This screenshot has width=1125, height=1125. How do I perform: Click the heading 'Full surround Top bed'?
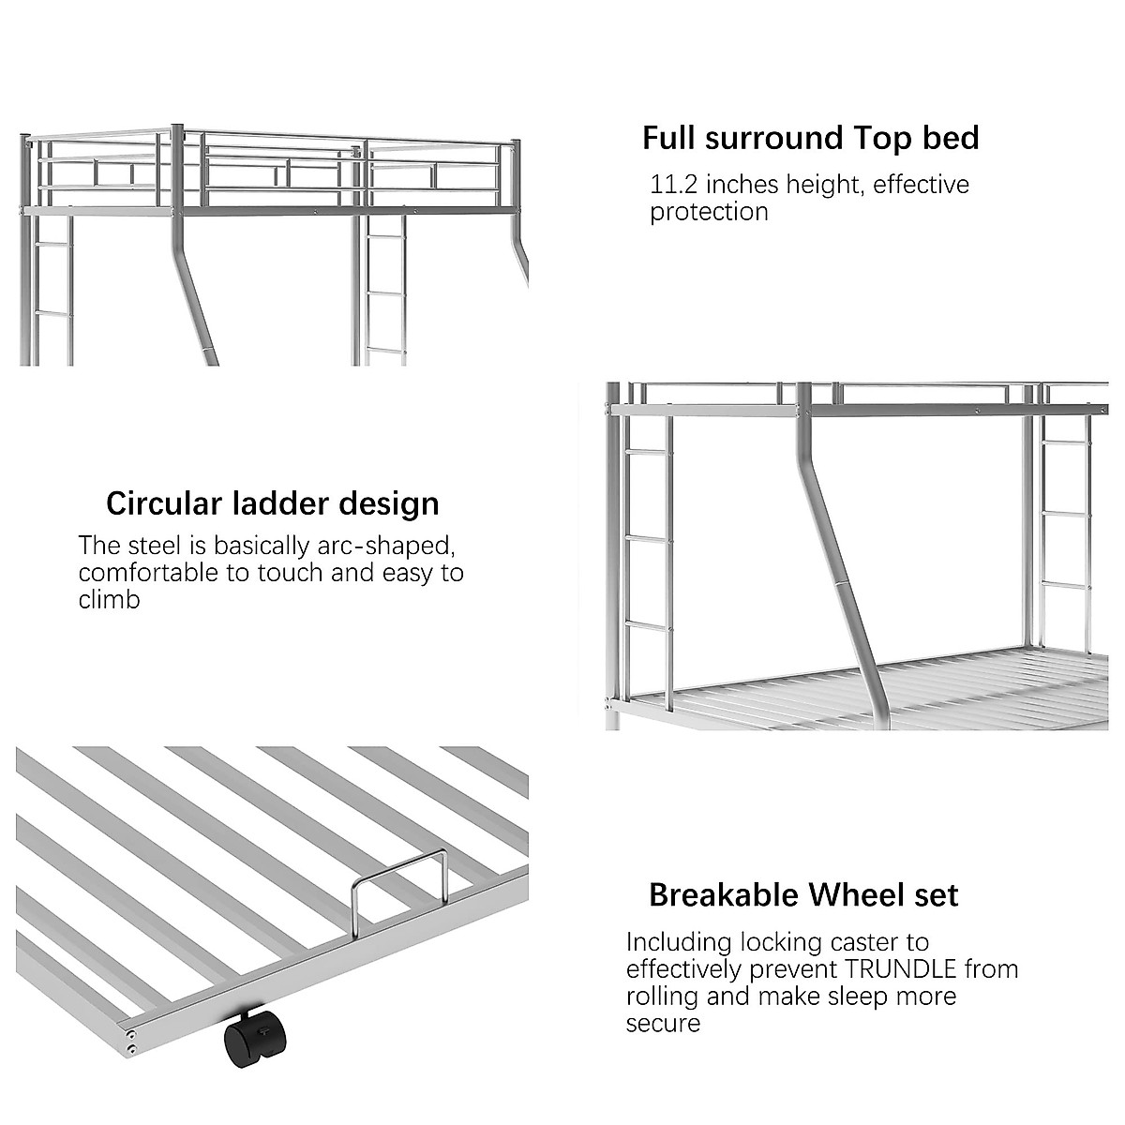(x=810, y=138)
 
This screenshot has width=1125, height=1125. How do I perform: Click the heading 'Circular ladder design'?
(x=272, y=503)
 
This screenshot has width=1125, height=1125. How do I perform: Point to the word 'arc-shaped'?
(x=384, y=546)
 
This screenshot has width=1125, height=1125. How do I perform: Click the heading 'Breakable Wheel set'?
(x=803, y=895)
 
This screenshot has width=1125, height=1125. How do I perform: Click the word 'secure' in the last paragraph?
(x=663, y=1023)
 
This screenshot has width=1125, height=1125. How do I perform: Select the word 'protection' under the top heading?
(x=709, y=212)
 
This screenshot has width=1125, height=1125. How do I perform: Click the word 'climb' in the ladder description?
(x=109, y=599)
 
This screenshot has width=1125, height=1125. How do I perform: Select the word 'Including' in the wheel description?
(x=679, y=941)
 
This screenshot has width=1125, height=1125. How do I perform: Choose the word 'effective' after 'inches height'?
(x=921, y=185)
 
